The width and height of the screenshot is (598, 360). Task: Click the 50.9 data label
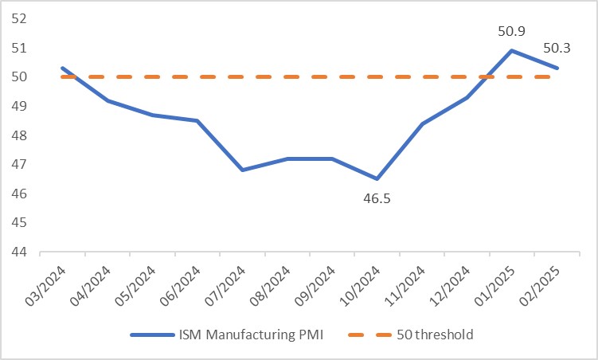tap(510, 32)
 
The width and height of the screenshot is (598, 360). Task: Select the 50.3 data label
tap(557, 49)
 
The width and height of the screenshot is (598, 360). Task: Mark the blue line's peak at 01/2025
tap(511, 50)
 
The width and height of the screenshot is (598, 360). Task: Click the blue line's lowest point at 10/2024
tap(377, 178)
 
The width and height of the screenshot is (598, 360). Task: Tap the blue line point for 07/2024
tap(241, 170)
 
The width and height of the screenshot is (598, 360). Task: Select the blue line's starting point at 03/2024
tap(61, 68)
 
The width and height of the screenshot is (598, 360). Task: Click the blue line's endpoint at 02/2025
tap(557, 68)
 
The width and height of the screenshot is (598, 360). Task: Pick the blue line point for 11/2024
tap(422, 123)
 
